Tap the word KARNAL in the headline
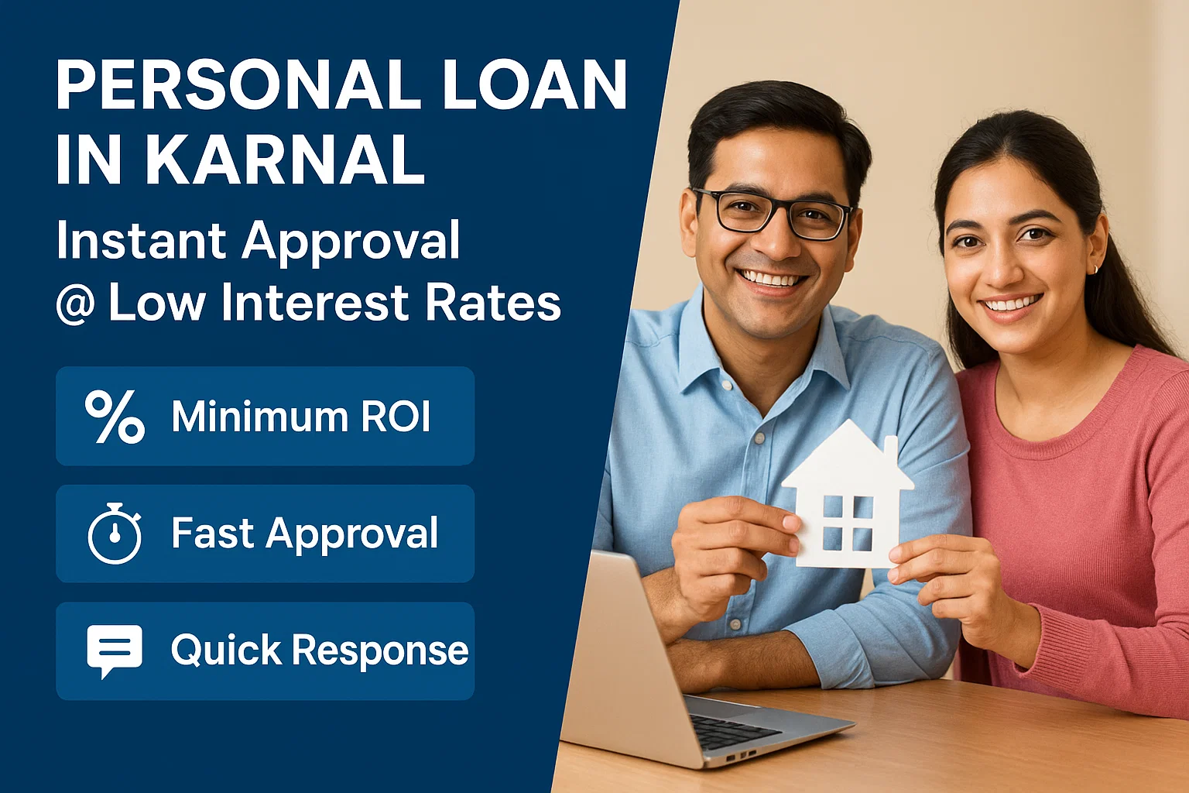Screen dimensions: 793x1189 click(285, 160)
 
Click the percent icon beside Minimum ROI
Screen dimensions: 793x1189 click(115, 417)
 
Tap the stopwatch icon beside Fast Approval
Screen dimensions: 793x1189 click(115, 534)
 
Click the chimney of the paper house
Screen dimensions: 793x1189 click(891, 449)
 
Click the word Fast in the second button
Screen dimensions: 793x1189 click(212, 534)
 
